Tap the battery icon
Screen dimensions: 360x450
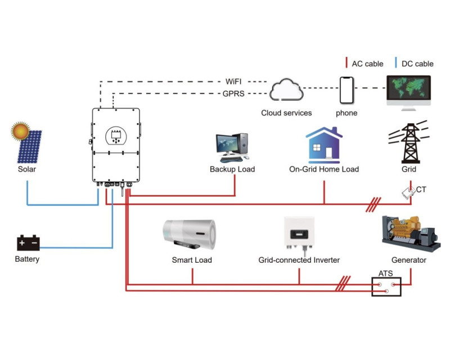[28, 244]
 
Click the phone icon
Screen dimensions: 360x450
[346, 89]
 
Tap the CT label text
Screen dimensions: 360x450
[421, 190]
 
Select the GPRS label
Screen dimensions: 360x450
[234, 94]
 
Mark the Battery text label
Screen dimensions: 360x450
[27, 259]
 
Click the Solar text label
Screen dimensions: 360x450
[27, 169]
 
